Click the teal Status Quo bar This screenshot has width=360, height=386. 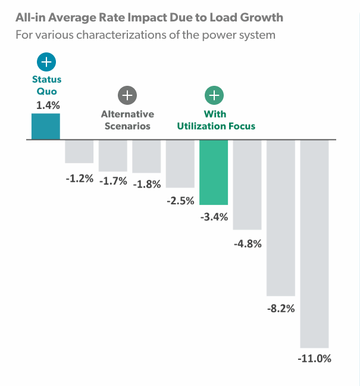[46, 126]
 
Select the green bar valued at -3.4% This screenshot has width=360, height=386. [214, 172]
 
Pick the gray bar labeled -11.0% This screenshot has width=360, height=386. [315, 244]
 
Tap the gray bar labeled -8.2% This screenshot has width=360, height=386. [281, 218]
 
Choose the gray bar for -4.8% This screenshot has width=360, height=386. [248, 185]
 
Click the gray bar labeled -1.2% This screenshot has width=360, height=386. [79, 151]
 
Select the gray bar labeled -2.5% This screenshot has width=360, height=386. [180, 164]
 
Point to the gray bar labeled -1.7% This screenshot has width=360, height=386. [113, 155]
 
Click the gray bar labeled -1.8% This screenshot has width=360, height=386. [146, 157]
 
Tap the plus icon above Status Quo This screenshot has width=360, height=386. [46, 62]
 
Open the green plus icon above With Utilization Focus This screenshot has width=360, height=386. [214, 95]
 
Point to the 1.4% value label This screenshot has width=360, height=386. [46, 105]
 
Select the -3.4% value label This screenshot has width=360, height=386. [214, 217]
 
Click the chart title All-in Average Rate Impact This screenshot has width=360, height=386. [148, 16]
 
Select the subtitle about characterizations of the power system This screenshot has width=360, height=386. [145, 35]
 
